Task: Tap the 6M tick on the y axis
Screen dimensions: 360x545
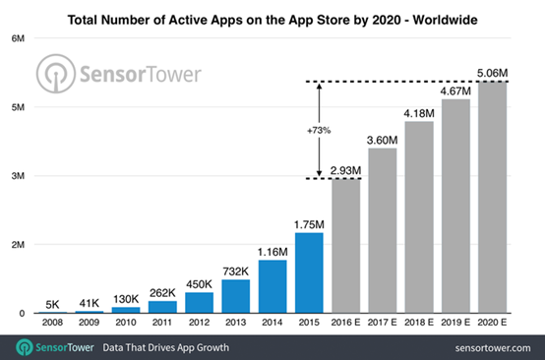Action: coord(18,38)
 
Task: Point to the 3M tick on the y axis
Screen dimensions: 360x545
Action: coord(18,176)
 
